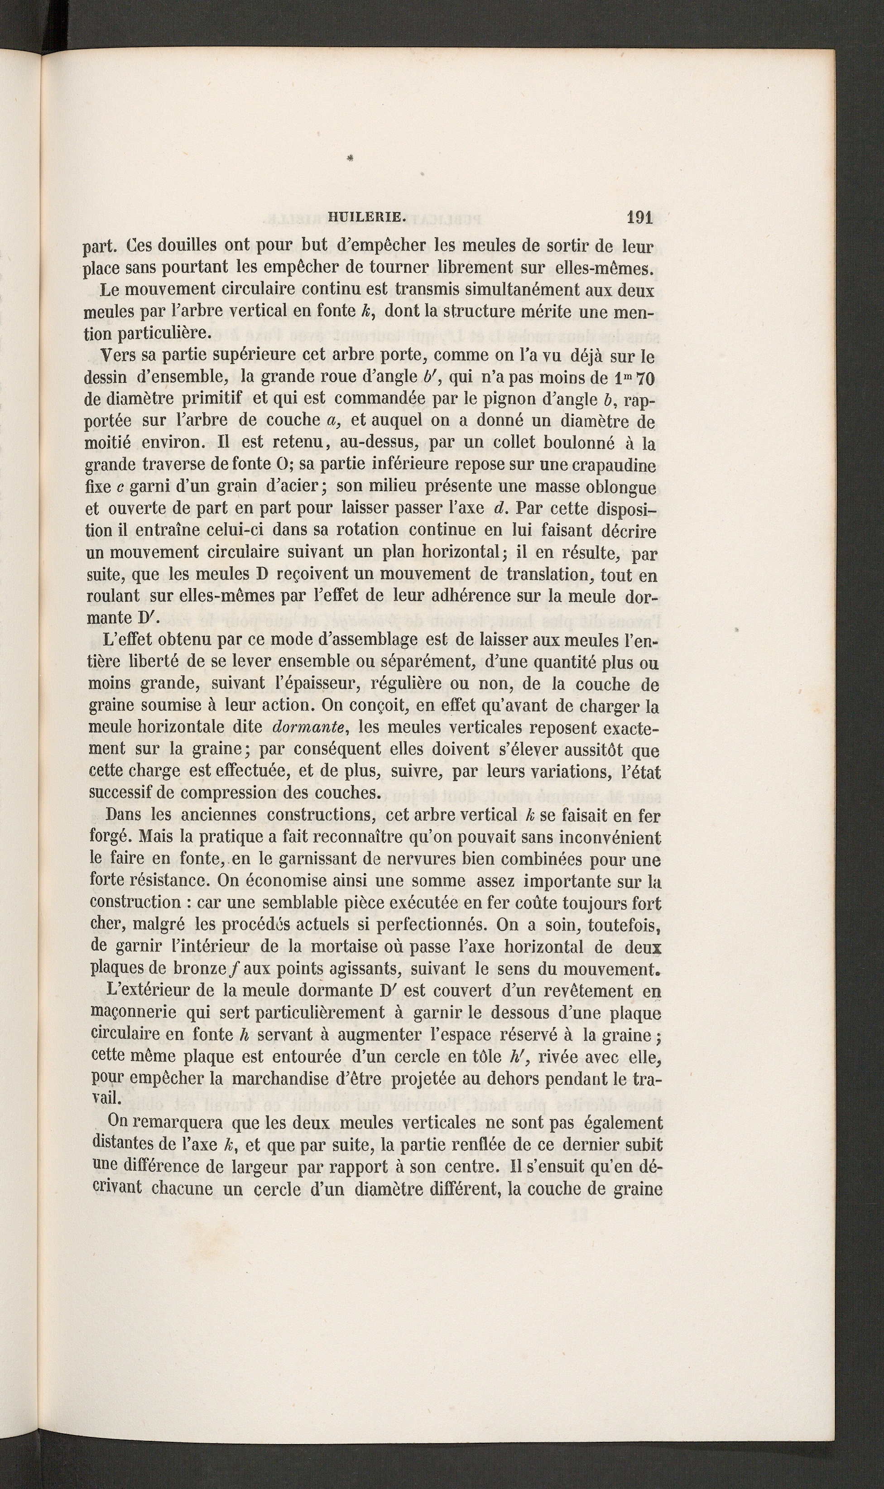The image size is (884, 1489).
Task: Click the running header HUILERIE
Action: click(x=366, y=218)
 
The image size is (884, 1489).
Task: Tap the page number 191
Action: click(x=640, y=218)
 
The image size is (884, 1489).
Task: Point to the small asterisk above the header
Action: click(x=350, y=159)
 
